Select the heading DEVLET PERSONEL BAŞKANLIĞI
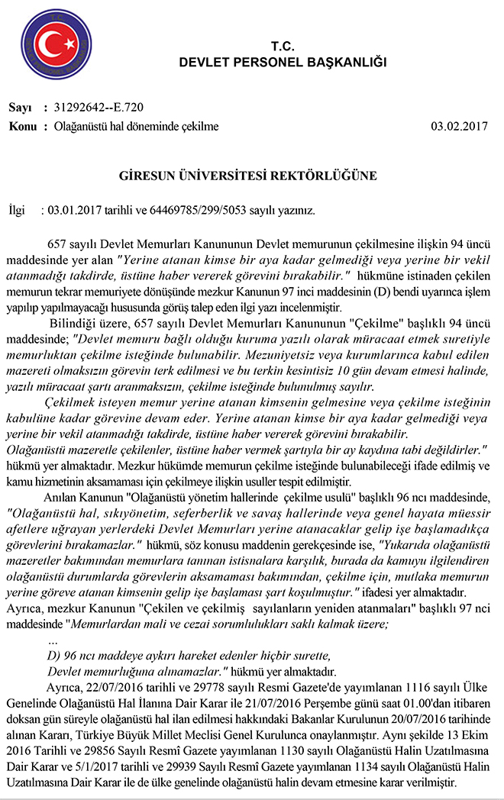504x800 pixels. click(x=283, y=62)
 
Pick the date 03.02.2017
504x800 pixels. click(x=460, y=126)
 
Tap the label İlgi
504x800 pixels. click(x=16, y=210)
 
